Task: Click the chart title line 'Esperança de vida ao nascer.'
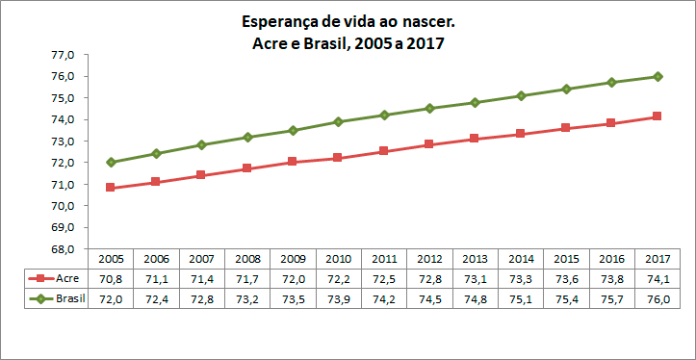[x=348, y=20]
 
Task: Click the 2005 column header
[x=111, y=259]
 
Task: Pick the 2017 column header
[x=658, y=259]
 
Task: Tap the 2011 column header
[x=384, y=259]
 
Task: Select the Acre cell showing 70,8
[x=111, y=278]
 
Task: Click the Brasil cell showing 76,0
[x=658, y=298]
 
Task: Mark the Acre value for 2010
[x=339, y=278]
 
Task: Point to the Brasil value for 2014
[x=522, y=298]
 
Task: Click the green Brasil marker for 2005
[x=111, y=163]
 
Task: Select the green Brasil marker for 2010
[x=339, y=121]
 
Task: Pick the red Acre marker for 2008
[x=247, y=168]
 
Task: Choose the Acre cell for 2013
[x=476, y=278]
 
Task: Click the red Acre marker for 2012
[x=430, y=144]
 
